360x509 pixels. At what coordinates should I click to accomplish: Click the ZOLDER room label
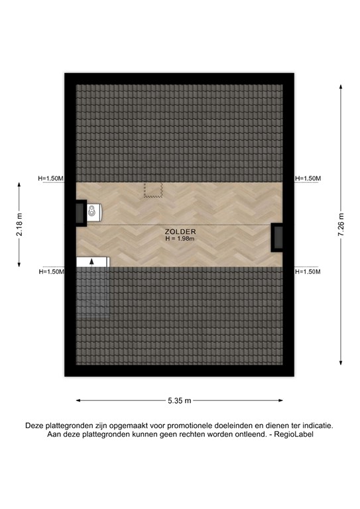click(x=180, y=231)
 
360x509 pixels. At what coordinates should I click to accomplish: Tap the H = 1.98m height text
click(x=180, y=239)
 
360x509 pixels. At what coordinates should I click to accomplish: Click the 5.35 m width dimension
click(x=180, y=400)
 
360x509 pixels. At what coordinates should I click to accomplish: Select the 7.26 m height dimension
click(x=340, y=225)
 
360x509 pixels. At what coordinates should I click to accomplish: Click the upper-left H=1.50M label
click(x=51, y=178)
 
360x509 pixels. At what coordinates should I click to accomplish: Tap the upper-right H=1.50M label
click(x=308, y=178)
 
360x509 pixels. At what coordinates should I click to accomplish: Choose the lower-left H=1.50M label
click(x=51, y=272)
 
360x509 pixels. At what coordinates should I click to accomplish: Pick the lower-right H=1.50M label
click(x=308, y=272)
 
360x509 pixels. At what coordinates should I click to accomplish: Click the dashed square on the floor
click(x=154, y=190)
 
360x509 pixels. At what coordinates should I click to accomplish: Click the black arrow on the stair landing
click(x=92, y=261)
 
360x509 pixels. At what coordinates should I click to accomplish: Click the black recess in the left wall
click(x=80, y=213)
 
